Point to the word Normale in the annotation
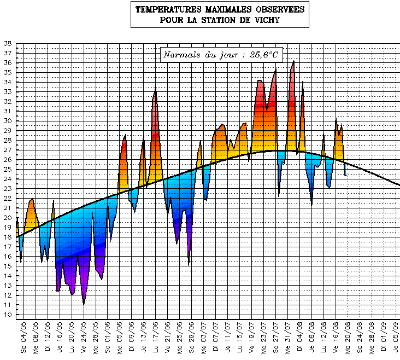[x=183, y=55]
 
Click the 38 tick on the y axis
[x=7, y=43]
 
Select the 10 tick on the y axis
[x=7, y=315]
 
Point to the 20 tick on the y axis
[x=7, y=218]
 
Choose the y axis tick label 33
[x=7, y=92]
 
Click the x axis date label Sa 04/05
[x=23, y=338]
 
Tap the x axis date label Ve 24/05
[x=84, y=338]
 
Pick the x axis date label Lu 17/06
[x=156, y=338]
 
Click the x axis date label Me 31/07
[x=288, y=338]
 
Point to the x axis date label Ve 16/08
[x=336, y=338]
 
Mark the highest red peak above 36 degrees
[x=293, y=61]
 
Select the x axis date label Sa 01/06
[x=108, y=338]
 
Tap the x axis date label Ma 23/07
[x=264, y=338]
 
